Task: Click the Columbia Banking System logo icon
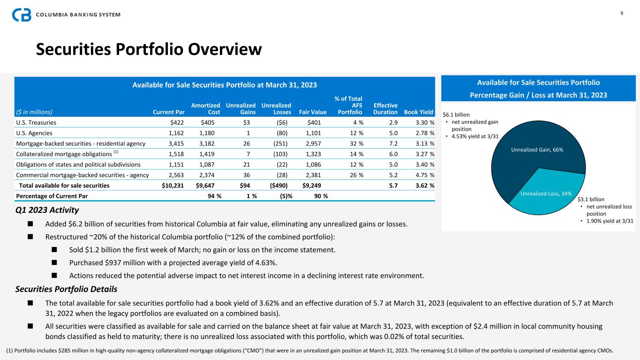(x=22, y=15)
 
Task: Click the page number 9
(x=622, y=13)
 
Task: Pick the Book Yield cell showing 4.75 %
(x=423, y=175)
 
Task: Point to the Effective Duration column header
(x=385, y=109)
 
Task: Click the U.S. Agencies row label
(x=34, y=133)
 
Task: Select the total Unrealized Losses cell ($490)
(x=279, y=185)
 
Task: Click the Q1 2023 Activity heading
(x=47, y=210)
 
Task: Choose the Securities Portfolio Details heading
(x=66, y=289)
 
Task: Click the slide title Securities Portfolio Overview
(x=149, y=49)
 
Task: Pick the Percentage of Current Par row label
(x=51, y=195)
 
